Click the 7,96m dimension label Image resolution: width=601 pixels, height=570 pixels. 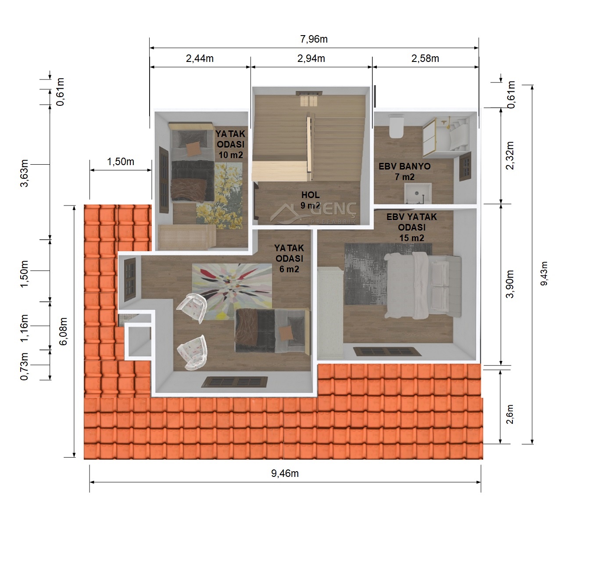[314, 39]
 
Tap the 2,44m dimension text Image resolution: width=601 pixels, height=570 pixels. [200, 58]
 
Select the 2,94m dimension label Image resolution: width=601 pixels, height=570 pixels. [311, 58]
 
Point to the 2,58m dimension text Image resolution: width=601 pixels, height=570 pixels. [425, 58]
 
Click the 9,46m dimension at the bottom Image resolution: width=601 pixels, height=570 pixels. [285, 473]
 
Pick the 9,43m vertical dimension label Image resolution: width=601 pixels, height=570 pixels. [544, 274]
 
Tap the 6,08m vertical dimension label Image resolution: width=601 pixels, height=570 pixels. [63, 331]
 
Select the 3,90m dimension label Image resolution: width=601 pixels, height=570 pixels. [510, 284]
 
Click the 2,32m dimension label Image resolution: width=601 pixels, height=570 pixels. [510, 155]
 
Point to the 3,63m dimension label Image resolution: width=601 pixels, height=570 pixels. [24, 173]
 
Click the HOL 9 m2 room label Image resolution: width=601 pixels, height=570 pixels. [310, 200]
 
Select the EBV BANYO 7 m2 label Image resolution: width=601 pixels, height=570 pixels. [404, 171]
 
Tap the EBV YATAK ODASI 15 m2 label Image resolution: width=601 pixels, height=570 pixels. [411, 227]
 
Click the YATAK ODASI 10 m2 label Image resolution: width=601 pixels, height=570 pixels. [230, 144]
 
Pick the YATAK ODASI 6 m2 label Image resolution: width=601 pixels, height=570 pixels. [289, 258]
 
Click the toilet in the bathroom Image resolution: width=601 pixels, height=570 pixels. [396, 126]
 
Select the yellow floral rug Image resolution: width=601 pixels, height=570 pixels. [219, 195]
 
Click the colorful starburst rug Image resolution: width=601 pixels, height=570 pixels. [232, 292]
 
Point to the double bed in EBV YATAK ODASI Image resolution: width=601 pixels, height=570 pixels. [423, 285]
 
